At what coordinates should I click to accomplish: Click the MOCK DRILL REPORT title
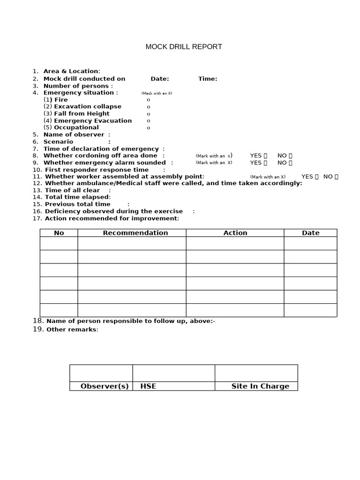coord(184,47)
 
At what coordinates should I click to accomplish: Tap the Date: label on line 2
coord(160,79)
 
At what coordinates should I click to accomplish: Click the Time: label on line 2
coord(208,79)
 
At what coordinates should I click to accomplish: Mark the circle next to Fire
coord(149,100)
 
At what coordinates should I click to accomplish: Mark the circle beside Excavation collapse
coord(149,107)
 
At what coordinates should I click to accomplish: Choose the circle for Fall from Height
coord(149,114)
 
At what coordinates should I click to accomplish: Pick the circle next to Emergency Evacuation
coord(149,121)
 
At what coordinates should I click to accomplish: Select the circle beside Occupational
coord(149,127)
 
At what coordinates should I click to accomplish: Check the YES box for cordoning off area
coord(265,156)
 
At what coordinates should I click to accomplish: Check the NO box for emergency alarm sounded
coord(291,163)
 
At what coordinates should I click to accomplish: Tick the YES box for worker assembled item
coord(317,177)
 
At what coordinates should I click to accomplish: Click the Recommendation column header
coord(135,233)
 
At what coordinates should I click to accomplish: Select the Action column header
coord(235,233)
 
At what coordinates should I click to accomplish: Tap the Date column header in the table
coord(311,233)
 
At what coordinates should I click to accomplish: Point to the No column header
coord(59,233)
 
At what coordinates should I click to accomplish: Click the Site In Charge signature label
coord(260,386)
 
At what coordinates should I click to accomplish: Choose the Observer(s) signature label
coord(105,386)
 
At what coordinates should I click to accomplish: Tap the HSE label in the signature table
coord(148,386)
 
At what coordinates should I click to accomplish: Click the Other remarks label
coord(72,330)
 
